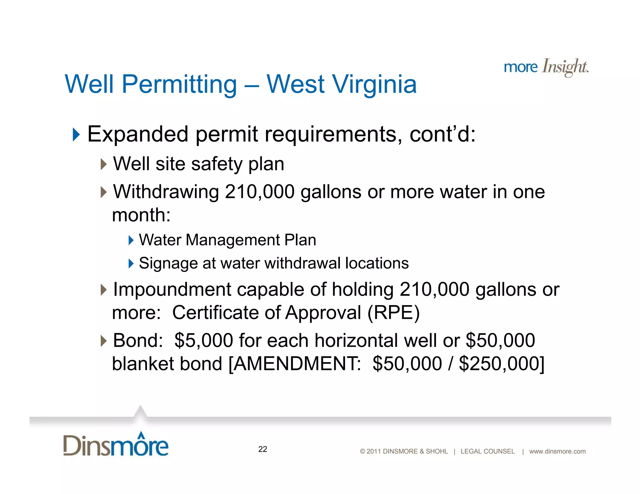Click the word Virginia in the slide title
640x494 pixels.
374,84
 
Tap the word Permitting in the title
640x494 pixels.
179,84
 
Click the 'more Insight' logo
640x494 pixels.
546,67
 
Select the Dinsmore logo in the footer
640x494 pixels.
116,445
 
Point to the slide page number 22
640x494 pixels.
262,449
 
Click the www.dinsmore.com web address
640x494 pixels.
557,451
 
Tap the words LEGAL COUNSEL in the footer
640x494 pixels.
487,451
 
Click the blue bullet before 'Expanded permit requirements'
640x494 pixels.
76,134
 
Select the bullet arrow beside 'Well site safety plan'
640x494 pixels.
104,164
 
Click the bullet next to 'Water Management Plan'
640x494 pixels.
131,240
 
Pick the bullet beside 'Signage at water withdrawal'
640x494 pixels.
131,263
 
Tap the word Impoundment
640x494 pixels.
172,289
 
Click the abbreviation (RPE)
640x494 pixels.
393,313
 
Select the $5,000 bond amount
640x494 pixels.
203,340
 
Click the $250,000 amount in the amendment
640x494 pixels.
501,363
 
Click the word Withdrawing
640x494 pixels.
166,192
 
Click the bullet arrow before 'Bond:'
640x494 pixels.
104,341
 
